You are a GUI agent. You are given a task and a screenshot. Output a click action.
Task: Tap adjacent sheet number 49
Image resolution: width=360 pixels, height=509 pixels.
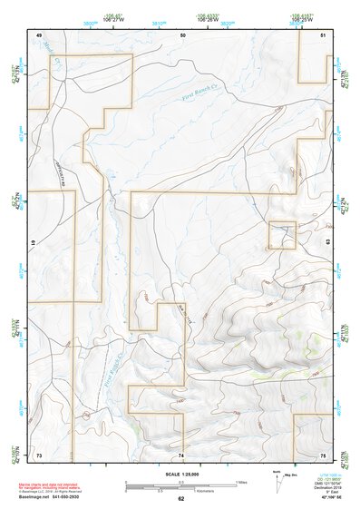pyautogui.click(x=39, y=34)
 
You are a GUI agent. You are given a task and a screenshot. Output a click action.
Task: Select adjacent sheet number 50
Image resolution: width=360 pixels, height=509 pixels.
pyautogui.click(x=182, y=34)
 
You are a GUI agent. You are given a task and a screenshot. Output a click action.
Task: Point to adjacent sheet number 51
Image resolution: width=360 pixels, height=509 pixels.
pyautogui.click(x=324, y=34)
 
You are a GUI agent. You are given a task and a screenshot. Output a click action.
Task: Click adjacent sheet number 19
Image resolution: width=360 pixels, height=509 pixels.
pyautogui.click(x=34, y=244)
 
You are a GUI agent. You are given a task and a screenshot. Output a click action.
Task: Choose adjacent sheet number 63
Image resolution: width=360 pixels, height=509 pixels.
pyautogui.click(x=328, y=244)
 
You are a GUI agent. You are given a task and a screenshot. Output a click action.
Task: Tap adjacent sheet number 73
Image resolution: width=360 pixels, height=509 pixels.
pyautogui.click(x=39, y=454)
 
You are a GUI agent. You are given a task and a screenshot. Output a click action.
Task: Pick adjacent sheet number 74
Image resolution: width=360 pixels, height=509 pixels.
pyautogui.click(x=181, y=454)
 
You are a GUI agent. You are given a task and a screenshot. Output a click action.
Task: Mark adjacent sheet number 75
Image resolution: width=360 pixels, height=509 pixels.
pyautogui.click(x=324, y=454)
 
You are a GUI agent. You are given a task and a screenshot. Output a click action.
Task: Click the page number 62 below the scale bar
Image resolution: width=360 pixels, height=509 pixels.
pyautogui.click(x=181, y=499)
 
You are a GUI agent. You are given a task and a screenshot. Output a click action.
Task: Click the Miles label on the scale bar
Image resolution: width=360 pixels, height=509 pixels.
pyautogui.click(x=241, y=481)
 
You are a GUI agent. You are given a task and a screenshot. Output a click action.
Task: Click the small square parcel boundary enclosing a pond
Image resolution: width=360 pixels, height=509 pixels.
pyautogui.click(x=282, y=235)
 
